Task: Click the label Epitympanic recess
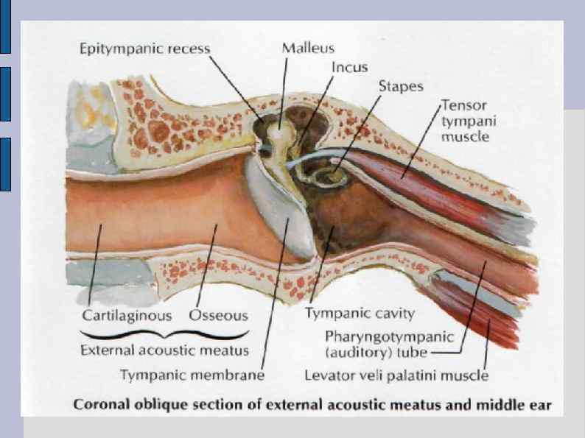pos(144,49)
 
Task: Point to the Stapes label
pos(401,86)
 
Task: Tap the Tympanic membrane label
pos(192,375)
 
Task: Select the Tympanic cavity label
pos(360,314)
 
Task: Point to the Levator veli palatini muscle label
pos(396,375)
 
